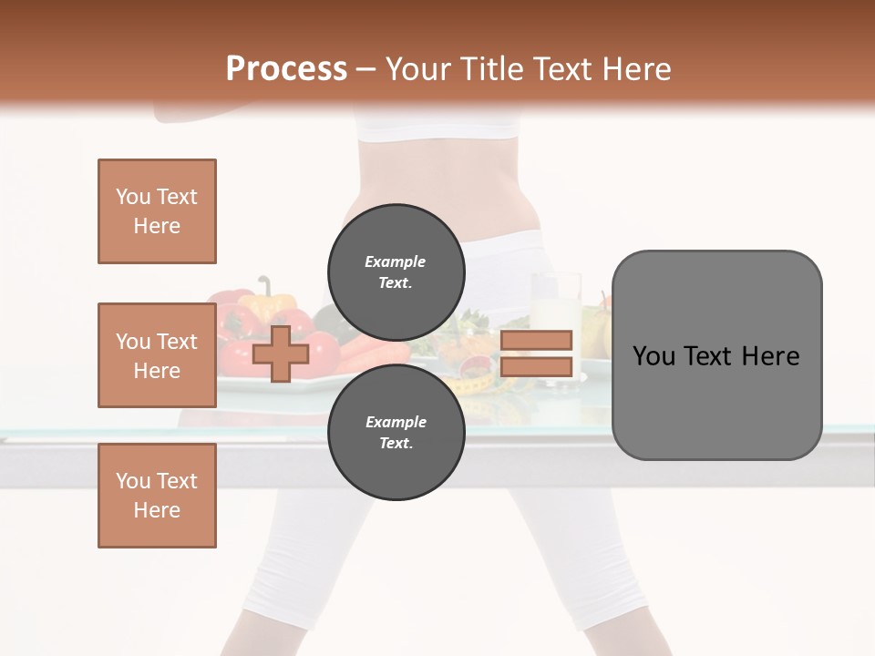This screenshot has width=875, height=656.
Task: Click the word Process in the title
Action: tap(286, 69)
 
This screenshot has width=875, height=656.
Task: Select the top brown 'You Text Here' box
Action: tap(157, 211)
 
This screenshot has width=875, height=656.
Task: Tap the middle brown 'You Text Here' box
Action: tap(157, 355)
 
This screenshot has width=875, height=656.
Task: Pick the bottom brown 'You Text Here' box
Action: tap(157, 496)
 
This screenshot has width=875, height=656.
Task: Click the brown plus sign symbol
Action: tap(280, 354)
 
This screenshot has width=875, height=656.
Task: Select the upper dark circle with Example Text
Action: tap(396, 272)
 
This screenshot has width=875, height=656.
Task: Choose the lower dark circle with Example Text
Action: tap(396, 433)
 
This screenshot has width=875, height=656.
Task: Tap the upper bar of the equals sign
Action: tap(537, 340)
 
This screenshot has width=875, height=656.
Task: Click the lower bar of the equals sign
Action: tap(537, 367)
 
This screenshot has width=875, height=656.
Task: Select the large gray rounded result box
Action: tap(716, 355)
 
